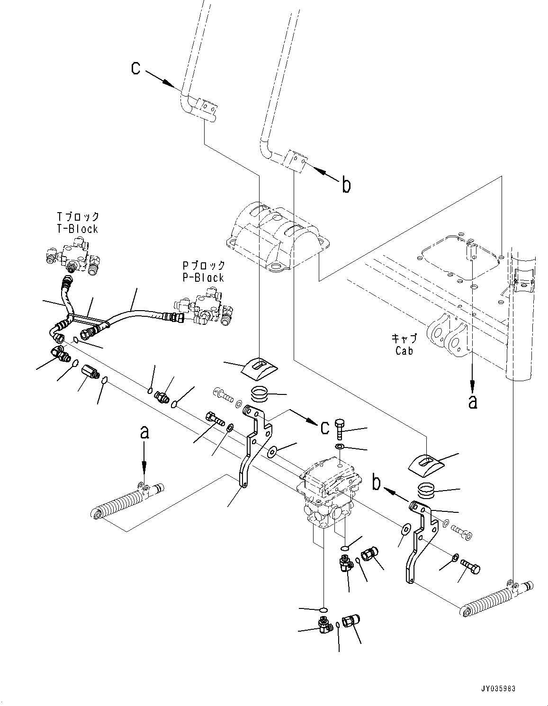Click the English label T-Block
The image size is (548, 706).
76,229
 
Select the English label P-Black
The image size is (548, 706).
204,277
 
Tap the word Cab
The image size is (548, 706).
404,351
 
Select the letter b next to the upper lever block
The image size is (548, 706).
346,186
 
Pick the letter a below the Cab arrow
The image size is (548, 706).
472,402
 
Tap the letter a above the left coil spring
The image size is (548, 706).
145,433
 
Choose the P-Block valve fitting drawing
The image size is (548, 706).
204,305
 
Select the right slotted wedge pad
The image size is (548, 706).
426,461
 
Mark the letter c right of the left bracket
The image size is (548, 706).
324,428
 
